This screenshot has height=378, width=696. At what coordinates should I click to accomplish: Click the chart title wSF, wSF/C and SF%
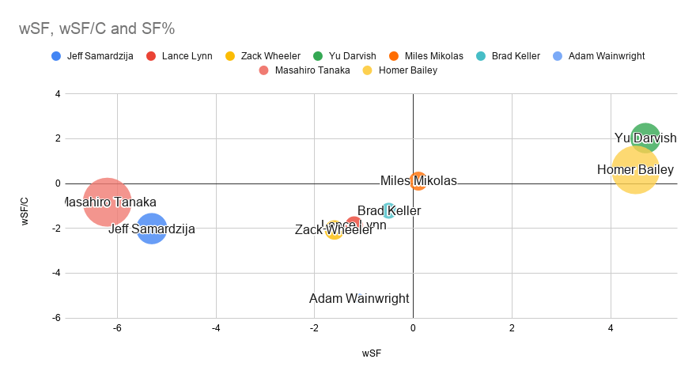[x=96, y=28]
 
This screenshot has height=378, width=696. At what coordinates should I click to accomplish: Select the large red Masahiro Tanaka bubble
[x=107, y=202]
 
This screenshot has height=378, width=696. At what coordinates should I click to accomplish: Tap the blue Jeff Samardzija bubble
[x=151, y=229]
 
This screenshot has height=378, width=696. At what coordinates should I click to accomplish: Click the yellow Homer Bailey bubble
[x=635, y=169]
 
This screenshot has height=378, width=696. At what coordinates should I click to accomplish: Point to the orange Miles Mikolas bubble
[x=418, y=181]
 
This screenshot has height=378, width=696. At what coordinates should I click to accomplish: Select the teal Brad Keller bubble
[x=388, y=210]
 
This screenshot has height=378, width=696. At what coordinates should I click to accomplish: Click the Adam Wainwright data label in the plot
[x=359, y=298]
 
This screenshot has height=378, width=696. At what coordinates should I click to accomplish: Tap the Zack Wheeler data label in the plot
[x=334, y=230]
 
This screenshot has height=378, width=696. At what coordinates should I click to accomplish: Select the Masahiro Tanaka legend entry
[x=309, y=70]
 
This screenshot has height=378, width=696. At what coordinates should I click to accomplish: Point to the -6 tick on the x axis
[x=118, y=327]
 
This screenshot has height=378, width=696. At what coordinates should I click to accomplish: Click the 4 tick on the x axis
[x=611, y=327]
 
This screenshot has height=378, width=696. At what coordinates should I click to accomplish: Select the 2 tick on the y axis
[x=58, y=138]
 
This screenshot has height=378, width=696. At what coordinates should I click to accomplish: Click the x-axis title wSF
[x=372, y=353]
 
